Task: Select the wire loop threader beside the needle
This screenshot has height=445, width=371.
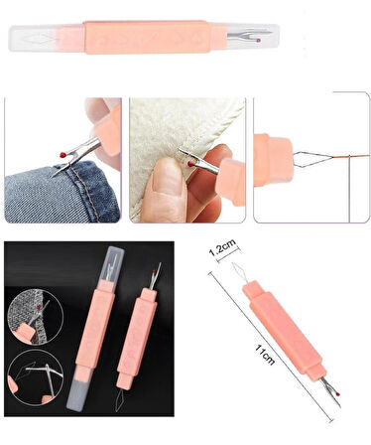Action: click(x=310, y=156)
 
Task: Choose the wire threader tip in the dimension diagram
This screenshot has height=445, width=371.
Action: click(x=235, y=267)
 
